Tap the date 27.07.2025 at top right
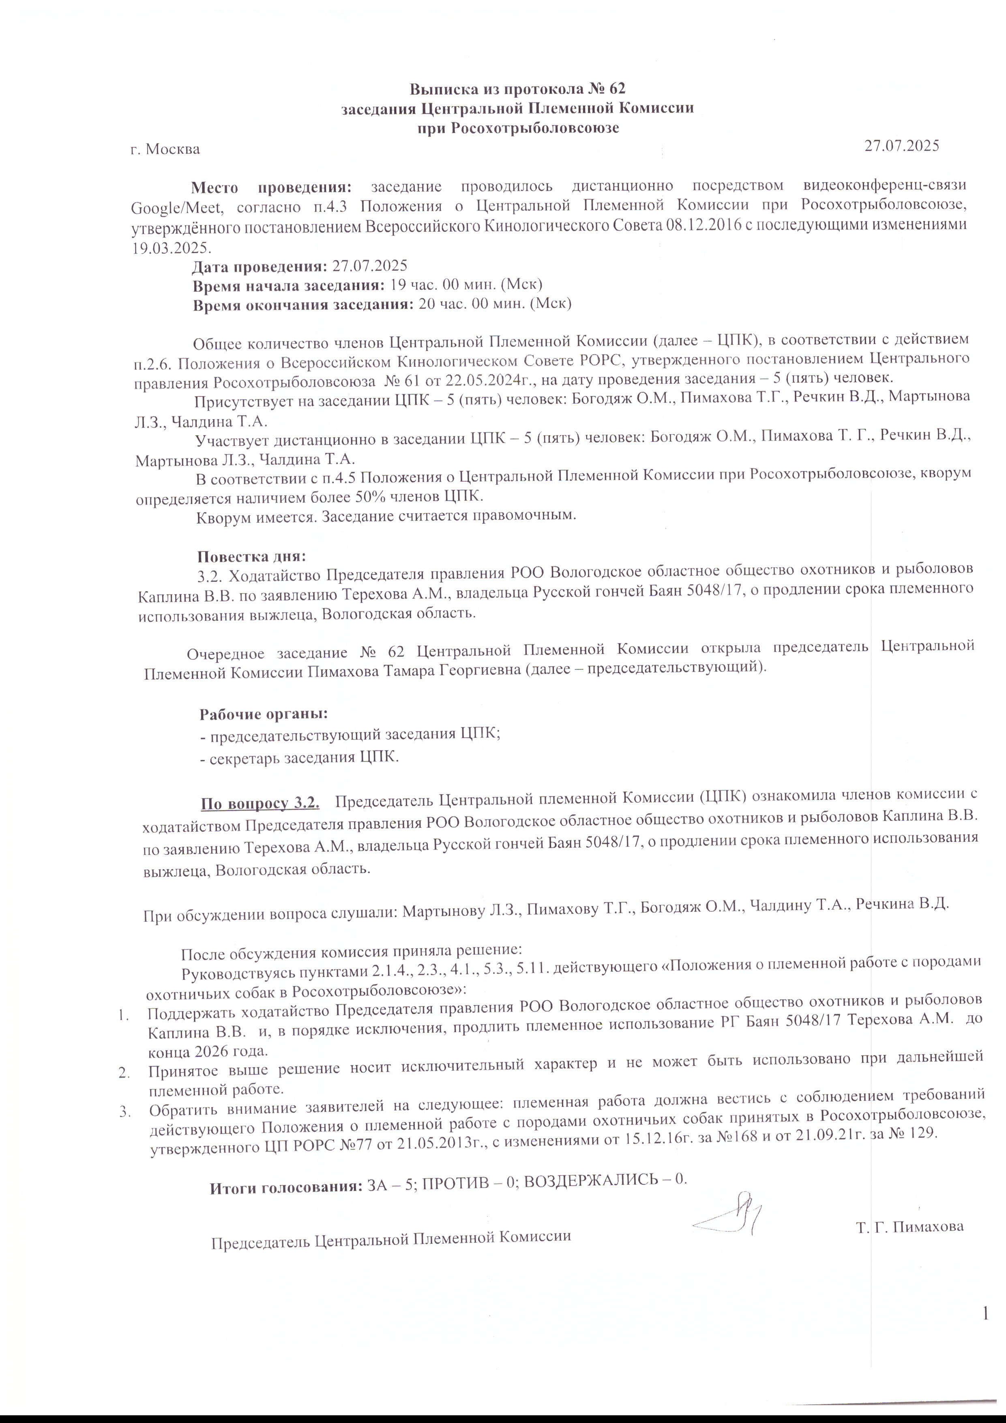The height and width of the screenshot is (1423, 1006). [x=901, y=146]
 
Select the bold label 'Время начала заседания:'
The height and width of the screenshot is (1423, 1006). [x=288, y=286]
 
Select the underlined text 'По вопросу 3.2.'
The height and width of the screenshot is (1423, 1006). [x=260, y=805]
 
